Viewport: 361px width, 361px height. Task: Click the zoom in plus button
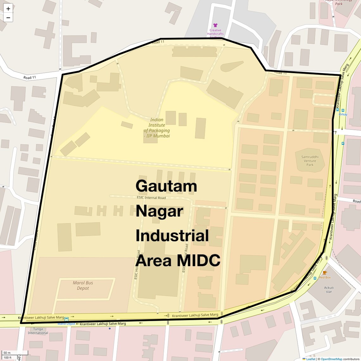pyautogui.click(x=8, y=9)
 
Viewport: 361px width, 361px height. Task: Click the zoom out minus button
pyautogui.click(x=8, y=17)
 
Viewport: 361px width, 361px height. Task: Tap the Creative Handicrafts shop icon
pyautogui.click(x=215, y=25)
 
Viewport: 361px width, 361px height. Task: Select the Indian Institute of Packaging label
pyautogui.click(x=157, y=128)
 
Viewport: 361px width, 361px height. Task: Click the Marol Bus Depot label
pyautogui.click(x=83, y=285)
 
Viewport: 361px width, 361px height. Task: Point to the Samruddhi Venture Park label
pyautogui.click(x=310, y=161)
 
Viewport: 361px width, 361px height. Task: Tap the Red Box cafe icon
pyautogui.click(x=325, y=273)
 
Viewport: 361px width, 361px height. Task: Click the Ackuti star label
pyautogui.click(x=329, y=290)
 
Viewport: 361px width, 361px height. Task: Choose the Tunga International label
pyautogui.click(x=38, y=331)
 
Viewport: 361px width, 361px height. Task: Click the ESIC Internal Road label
pyautogui.click(x=151, y=198)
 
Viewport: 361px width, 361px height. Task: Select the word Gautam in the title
pyautogui.click(x=166, y=186)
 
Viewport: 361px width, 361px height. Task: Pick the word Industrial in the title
pyautogui.click(x=172, y=236)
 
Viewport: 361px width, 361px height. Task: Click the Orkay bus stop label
pyautogui.click(x=343, y=114)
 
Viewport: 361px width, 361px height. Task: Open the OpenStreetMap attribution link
pyautogui.click(x=331, y=359)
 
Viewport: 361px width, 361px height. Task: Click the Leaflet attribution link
pyautogui.click(x=311, y=359)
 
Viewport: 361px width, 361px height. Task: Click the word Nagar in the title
pyautogui.click(x=159, y=211)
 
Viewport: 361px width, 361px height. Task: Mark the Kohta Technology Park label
pyautogui.click(x=339, y=2)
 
